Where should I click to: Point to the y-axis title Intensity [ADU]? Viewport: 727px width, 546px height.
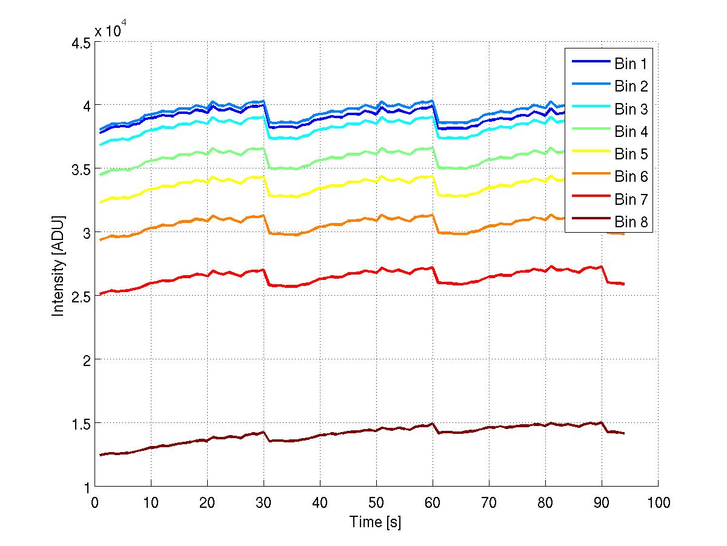(x=59, y=265)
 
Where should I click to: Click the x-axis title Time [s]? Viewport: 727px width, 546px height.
(x=376, y=522)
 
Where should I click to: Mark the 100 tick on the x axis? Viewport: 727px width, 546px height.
(x=658, y=503)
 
